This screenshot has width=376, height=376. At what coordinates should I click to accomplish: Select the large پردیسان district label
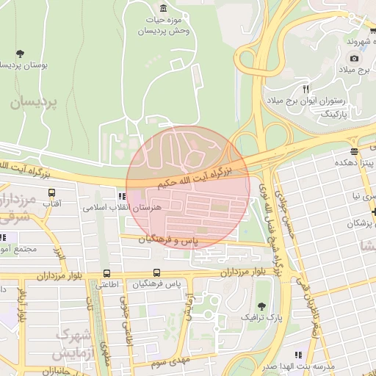click(33, 103)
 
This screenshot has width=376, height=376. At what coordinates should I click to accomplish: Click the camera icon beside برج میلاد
click(355, 58)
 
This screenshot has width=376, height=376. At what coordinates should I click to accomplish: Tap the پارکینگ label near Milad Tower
click(336, 115)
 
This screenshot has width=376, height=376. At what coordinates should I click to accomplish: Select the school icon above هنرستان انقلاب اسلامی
click(121, 196)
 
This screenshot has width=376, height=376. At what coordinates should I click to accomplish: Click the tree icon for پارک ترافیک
click(261, 305)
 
